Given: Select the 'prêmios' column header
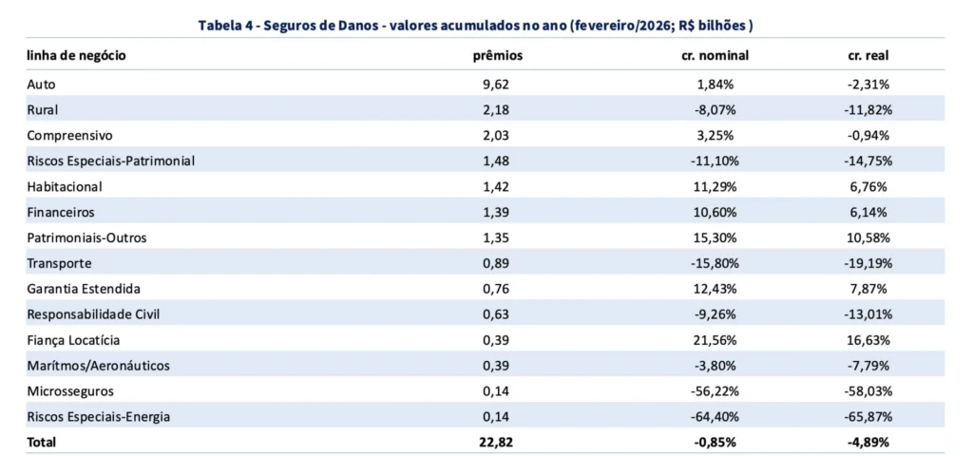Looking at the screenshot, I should [x=497, y=56].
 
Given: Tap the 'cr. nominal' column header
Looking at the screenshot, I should [x=715, y=56].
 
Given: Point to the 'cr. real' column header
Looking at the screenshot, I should [x=868, y=56].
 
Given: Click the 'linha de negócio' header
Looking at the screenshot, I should [x=76, y=56].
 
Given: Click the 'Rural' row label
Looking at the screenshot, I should [x=44, y=110].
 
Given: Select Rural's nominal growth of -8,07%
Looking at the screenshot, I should [x=715, y=110].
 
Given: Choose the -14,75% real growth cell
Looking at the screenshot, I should [x=868, y=161].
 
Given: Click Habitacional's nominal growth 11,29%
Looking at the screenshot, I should [x=715, y=187].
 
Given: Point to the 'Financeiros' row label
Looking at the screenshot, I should [x=61, y=213].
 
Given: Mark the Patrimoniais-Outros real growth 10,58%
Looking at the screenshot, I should [x=868, y=237].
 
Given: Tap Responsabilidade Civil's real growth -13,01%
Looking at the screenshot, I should [x=868, y=314].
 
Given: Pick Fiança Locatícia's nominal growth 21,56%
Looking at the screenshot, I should [x=715, y=340].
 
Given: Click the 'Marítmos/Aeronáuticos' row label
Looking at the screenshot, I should [x=99, y=366].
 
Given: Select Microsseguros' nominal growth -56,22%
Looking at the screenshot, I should [x=715, y=391].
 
